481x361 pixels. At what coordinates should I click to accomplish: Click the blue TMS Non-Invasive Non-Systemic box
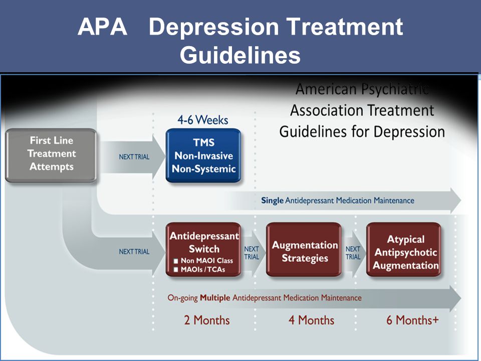click(203, 155)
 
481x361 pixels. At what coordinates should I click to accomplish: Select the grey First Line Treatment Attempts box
click(51, 155)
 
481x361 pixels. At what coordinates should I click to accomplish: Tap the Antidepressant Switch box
click(203, 250)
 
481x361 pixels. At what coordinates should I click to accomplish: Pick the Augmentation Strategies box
click(304, 250)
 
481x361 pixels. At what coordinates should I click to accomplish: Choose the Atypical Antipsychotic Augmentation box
click(404, 250)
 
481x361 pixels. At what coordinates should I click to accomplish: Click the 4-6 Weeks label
click(203, 120)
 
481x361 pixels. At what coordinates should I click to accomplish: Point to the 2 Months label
click(207, 320)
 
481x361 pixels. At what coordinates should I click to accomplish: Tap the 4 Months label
click(311, 320)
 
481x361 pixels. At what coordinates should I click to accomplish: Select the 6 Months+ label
click(412, 320)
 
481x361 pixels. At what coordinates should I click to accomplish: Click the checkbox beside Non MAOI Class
click(176, 261)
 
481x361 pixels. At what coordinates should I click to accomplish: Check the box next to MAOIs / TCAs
click(176, 270)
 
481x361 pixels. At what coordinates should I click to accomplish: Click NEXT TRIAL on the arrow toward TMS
click(134, 157)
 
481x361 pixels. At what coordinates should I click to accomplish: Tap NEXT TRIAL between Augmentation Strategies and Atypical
click(353, 253)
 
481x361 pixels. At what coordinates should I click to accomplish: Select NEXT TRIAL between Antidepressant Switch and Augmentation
click(252, 253)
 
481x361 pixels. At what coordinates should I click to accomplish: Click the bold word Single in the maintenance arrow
click(273, 201)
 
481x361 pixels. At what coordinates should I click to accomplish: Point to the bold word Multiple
click(215, 298)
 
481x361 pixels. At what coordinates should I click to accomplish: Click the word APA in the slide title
click(102, 27)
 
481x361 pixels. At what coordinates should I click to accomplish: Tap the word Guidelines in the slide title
click(240, 55)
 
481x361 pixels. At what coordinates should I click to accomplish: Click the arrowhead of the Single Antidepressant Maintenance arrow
click(455, 200)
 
